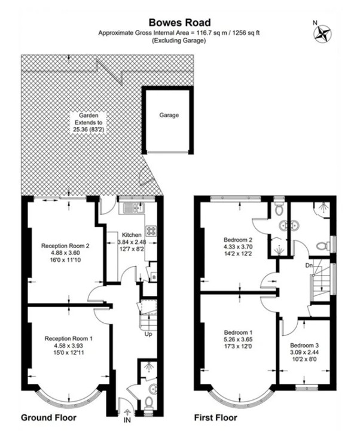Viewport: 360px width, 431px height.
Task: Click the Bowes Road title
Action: point(179,22)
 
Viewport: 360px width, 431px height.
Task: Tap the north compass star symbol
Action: point(322,33)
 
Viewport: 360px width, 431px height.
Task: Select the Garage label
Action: point(169,115)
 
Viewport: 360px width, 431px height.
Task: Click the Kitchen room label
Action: point(132,235)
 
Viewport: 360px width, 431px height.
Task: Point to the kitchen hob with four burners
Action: point(151,231)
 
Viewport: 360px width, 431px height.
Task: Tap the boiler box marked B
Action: point(154,277)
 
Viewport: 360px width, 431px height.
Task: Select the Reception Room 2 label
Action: point(65,246)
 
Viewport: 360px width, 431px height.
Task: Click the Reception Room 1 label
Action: point(69,338)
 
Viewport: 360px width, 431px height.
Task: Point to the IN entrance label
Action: point(127,420)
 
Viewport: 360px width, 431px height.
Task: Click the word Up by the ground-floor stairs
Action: point(148,334)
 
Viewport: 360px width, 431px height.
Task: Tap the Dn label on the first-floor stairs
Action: point(309,265)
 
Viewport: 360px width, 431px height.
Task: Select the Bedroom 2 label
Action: point(238,240)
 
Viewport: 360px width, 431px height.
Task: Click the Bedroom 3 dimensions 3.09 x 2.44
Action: point(304,352)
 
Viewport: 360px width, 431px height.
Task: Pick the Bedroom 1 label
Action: point(238,332)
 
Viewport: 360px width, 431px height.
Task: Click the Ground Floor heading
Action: point(48,418)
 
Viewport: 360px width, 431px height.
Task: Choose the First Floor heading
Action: point(216,418)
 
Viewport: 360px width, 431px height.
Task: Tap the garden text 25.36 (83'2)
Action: point(89,130)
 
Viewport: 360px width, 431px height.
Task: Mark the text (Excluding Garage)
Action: point(179,41)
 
